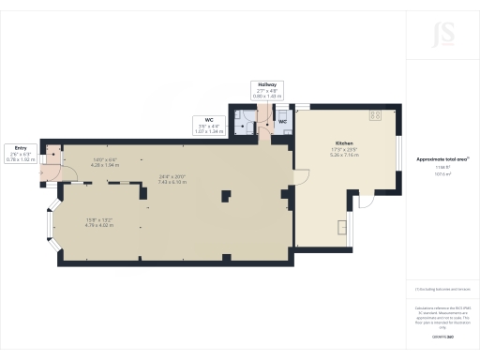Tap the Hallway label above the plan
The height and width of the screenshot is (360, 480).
[x=264, y=84]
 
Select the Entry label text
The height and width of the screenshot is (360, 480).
[x=20, y=147]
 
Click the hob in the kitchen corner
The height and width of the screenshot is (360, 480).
[x=376, y=115]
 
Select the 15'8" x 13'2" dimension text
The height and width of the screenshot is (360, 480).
[x=98, y=222]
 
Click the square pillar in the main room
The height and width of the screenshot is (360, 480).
[x=226, y=196]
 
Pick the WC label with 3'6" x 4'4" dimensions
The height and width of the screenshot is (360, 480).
[x=211, y=119]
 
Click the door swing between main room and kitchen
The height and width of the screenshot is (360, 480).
[x=303, y=175]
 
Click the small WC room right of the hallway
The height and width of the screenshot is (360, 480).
[x=281, y=120]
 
